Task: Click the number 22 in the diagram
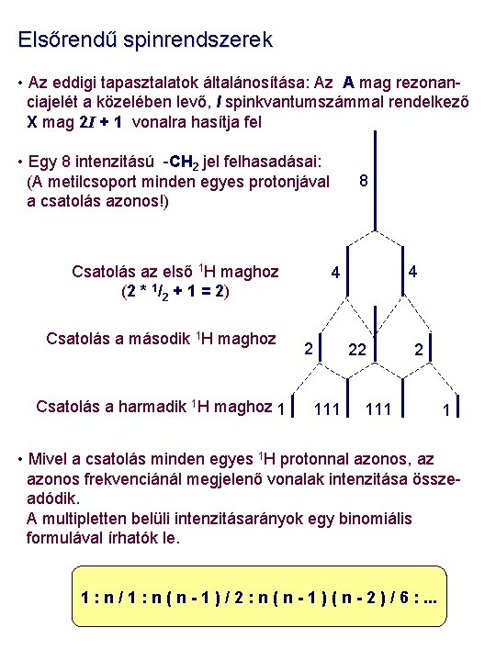(x=358, y=350)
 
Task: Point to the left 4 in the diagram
(x=336, y=273)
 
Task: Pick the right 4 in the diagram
(x=414, y=272)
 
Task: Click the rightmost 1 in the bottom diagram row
(x=445, y=410)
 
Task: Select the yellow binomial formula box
(x=264, y=603)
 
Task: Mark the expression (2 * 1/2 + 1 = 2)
(x=175, y=293)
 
